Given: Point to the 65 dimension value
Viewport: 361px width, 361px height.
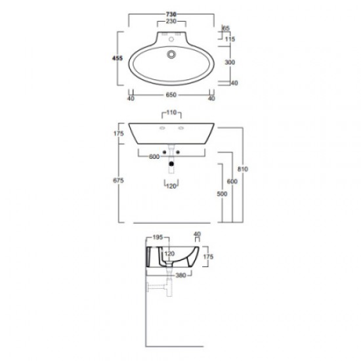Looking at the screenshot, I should (x=226, y=30).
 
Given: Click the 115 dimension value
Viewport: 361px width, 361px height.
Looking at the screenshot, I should (x=228, y=40).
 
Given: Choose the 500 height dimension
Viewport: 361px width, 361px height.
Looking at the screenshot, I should (x=223, y=195).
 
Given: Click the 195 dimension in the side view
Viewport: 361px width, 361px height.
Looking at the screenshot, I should (x=158, y=237).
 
